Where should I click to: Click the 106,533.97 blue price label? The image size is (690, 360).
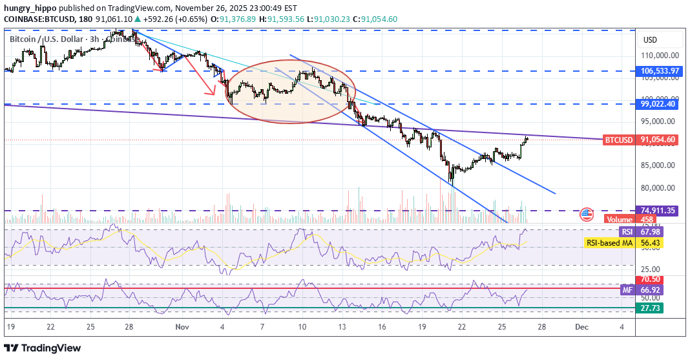658,71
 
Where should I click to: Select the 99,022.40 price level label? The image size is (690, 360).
658,103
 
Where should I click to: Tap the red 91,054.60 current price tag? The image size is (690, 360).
658,140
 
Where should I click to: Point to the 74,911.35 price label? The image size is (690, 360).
658,210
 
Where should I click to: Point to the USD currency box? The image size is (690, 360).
649,40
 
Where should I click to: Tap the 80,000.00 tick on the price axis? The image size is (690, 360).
658,188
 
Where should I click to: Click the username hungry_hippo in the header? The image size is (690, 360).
32,8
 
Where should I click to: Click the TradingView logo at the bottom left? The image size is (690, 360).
44,348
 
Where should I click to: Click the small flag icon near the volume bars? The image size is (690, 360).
587,215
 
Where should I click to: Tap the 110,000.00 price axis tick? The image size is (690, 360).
658,56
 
